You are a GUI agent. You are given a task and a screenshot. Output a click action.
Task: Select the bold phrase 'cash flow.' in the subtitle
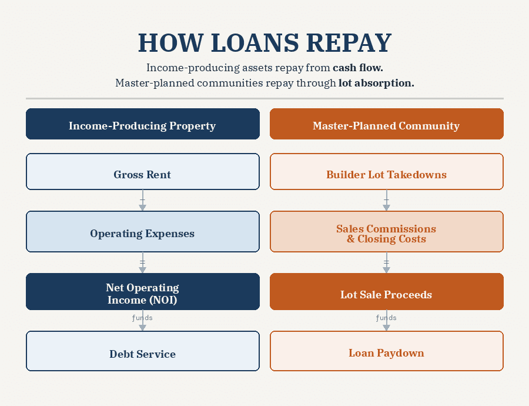pyautogui.click(x=358, y=68)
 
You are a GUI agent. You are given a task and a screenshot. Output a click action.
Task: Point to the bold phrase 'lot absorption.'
pyautogui.click(x=376, y=83)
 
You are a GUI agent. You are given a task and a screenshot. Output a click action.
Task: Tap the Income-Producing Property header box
pyautogui.click(x=142, y=125)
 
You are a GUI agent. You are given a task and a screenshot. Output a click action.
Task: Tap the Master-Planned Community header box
pyautogui.click(x=386, y=125)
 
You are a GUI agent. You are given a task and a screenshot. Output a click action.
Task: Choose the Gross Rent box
pyautogui.click(x=142, y=174)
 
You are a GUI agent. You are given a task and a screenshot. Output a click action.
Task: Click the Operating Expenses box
pyautogui.click(x=142, y=234)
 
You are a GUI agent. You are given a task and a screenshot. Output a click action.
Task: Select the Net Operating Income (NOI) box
pyautogui.click(x=142, y=294)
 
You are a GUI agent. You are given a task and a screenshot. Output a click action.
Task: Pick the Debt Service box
pyautogui.click(x=142, y=354)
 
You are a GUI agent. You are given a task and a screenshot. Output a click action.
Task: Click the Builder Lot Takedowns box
pyautogui.click(x=386, y=174)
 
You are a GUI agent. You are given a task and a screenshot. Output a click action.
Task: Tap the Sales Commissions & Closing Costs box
pyautogui.click(x=386, y=234)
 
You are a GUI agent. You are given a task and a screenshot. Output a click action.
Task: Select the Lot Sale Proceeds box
pyautogui.click(x=386, y=294)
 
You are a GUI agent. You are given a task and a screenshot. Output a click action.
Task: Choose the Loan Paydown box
pyautogui.click(x=386, y=353)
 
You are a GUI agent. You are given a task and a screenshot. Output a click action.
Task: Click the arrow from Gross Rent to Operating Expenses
pyautogui.click(x=142, y=201)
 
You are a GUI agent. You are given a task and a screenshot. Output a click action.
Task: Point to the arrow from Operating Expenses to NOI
pyautogui.click(x=142, y=262)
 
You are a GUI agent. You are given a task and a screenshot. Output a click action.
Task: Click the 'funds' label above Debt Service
pyautogui.click(x=142, y=318)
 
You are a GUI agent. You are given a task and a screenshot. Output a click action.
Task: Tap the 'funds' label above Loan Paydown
pyautogui.click(x=386, y=318)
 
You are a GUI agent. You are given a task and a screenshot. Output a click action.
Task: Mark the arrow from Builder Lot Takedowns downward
pyautogui.click(x=386, y=201)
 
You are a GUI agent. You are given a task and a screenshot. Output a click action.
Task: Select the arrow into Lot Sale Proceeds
pyautogui.click(x=386, y=262)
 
